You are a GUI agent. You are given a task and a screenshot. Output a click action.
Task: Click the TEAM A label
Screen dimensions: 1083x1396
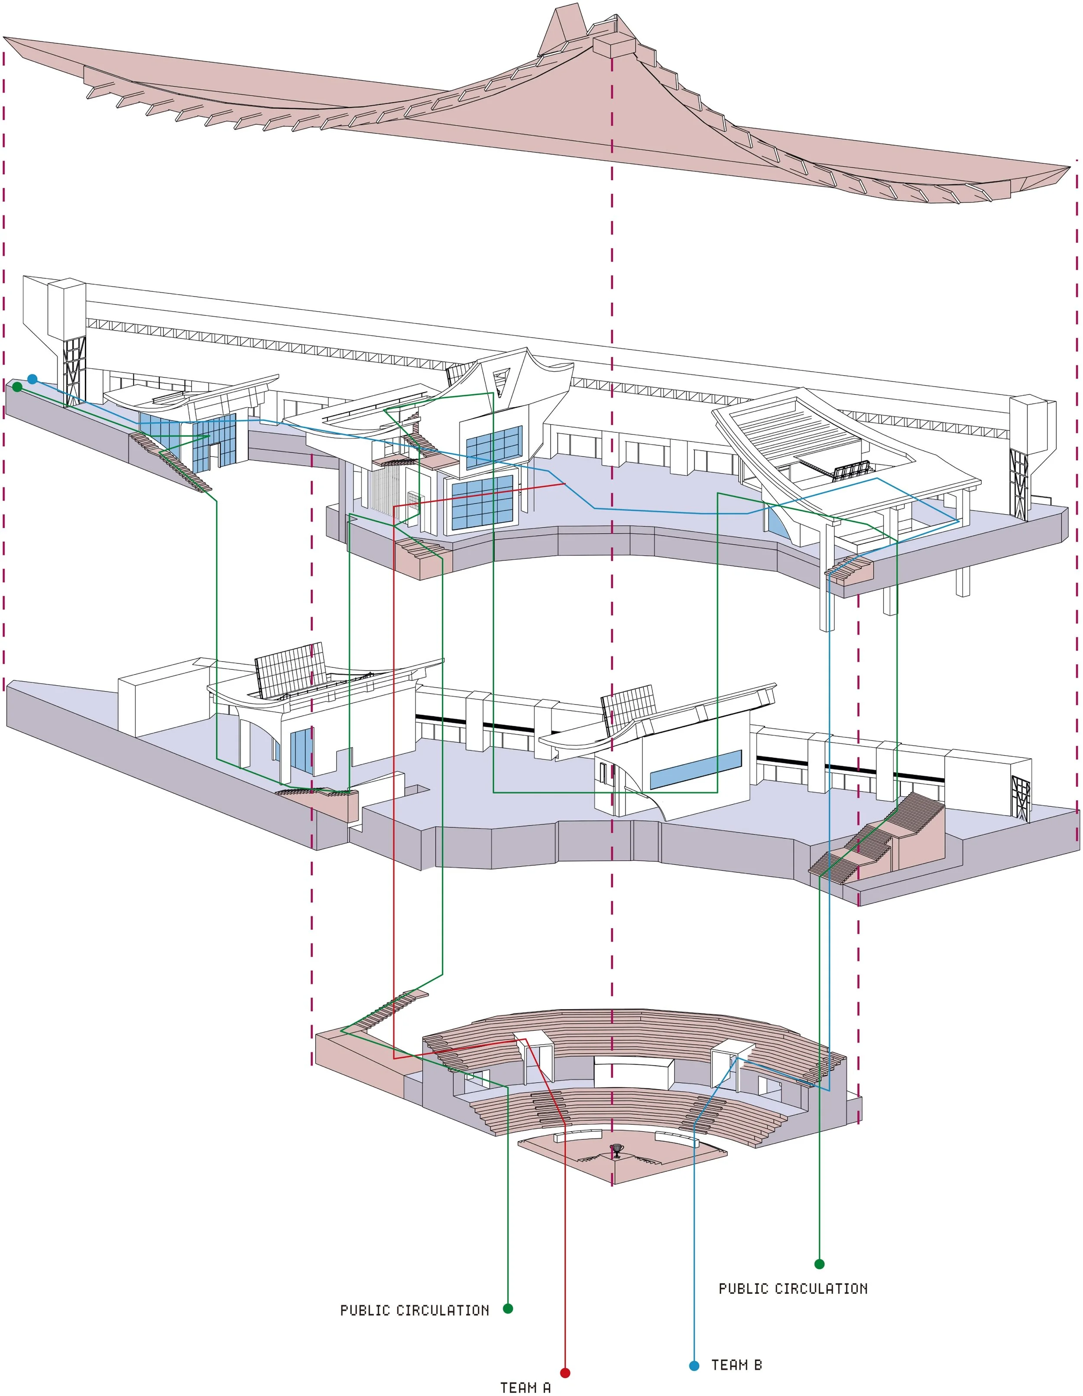(525, 1387)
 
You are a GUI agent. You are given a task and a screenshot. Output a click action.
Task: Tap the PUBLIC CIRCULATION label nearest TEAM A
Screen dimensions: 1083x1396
(415, 1310)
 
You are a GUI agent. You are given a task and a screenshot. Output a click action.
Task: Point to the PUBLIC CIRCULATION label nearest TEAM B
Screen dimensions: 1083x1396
(793, 1288)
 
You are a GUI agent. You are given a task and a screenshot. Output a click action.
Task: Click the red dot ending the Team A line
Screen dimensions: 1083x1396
(565, 1372)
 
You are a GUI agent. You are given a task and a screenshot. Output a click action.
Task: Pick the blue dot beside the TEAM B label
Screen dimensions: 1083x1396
(694, 1366)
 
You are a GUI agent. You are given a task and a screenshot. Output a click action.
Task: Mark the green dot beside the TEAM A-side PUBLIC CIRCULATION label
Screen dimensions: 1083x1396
(508, 1308)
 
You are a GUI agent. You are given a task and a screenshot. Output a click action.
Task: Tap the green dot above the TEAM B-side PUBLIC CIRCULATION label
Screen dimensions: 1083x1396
(819, 1264)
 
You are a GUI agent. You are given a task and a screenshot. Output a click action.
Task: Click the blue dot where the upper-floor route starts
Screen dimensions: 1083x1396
(32, 379)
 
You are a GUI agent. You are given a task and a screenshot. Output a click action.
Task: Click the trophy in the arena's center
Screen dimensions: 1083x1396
(616, 1150)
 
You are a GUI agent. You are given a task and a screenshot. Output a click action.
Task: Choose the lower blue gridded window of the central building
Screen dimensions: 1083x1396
(483, 503)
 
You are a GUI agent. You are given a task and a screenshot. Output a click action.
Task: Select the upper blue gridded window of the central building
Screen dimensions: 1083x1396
(494, 446)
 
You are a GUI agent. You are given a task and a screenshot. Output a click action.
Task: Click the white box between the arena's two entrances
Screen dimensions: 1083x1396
(634, 1072)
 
